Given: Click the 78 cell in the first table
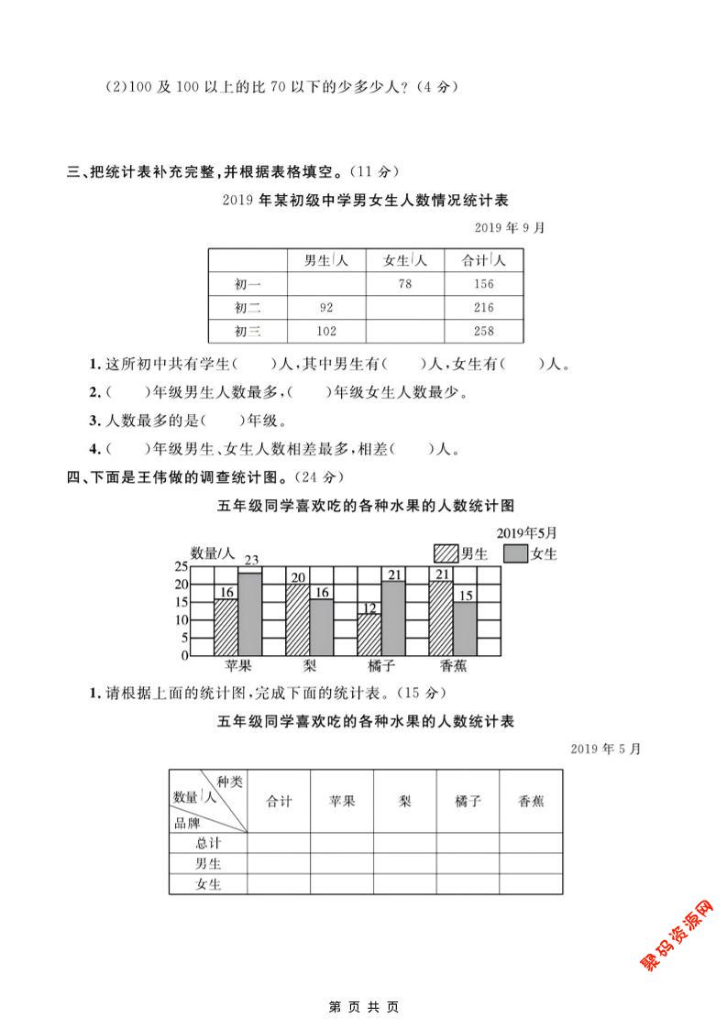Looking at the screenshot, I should click(404, 284).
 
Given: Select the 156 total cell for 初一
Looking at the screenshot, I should click(484, 284).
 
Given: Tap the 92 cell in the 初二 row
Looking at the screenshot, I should click(325, 308).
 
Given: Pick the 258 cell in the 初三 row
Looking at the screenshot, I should click(484, 332).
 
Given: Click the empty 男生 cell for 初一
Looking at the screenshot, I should click(325, 284).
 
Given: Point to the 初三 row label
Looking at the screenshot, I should click(248, 332).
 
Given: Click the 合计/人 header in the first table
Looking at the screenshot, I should click(484, 260).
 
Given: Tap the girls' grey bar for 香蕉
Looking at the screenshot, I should click(466, 629).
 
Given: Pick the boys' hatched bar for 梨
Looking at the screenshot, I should click(298, 619).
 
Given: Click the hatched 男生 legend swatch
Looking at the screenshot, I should click(446, 553).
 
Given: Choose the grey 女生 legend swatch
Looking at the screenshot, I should click(516, 553).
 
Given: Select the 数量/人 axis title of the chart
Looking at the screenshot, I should click(213, 552).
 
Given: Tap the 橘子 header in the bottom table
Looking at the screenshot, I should click(468, 801).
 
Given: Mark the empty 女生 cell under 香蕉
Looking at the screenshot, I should click(531, 885).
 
